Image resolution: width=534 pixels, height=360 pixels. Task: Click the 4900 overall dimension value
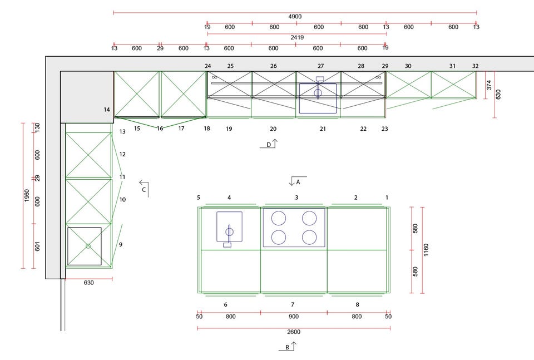(295, 16)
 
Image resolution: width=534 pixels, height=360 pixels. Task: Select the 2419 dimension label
(297, 37)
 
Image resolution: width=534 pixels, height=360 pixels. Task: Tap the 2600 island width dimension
(294, 332)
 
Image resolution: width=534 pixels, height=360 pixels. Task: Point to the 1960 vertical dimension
(27, 195)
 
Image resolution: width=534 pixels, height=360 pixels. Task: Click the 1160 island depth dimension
(426, 250)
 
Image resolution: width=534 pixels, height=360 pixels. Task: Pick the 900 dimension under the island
(294, 317)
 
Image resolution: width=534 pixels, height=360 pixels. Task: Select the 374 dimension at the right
(489, 85)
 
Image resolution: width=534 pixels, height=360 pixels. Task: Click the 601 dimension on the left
(37, 246)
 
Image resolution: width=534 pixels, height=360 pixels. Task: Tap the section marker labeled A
(298, 181)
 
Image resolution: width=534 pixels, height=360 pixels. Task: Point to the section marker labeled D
(269, 144)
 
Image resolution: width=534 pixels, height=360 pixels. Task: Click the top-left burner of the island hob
(279, 218)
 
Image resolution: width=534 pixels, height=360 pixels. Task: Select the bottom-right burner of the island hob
(309, 238)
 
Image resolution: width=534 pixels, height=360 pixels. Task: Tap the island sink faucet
(229, 235)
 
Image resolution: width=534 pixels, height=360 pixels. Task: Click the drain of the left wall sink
(88, 246)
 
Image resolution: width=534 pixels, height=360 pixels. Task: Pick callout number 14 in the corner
(107, 110)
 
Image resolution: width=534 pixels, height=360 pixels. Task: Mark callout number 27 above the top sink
(320, 66)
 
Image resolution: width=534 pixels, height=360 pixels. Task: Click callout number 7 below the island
(293, 304)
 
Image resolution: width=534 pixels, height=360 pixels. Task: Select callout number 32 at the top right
(476, 66)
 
